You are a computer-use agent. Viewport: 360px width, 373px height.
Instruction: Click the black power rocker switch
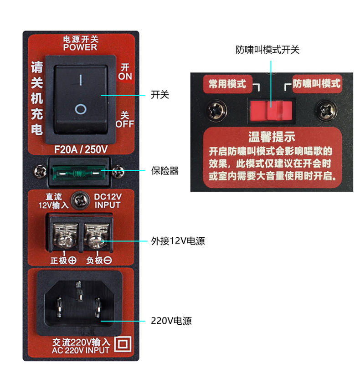[x=81, y=99]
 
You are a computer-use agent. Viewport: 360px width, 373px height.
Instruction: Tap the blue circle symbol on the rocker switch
[x=81, y=109]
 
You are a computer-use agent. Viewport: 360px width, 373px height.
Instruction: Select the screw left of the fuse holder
[x=40, y=172]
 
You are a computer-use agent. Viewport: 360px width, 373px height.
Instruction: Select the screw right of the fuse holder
[x=118, y=172]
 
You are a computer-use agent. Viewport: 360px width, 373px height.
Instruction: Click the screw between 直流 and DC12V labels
[x=81, y=200]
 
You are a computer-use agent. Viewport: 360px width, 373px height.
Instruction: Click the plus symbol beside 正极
[x=72, y=260]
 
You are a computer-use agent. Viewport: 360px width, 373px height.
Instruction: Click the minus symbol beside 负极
[x=108, y=260]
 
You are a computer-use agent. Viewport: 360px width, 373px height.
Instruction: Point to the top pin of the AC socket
[x=79, y=291]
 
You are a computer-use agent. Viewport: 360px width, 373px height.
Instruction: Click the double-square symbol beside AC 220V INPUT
[x=123, y=344]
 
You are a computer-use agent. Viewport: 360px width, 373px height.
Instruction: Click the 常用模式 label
[x=227, y=84]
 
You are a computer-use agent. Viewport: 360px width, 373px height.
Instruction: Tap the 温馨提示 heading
[x=272, y=137]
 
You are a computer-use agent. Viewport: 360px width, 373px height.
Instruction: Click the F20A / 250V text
[x=81, y=149]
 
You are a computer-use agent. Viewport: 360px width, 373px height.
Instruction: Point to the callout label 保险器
[x=165, y=171]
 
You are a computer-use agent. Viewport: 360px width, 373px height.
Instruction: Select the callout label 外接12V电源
[x=178, y=241]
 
